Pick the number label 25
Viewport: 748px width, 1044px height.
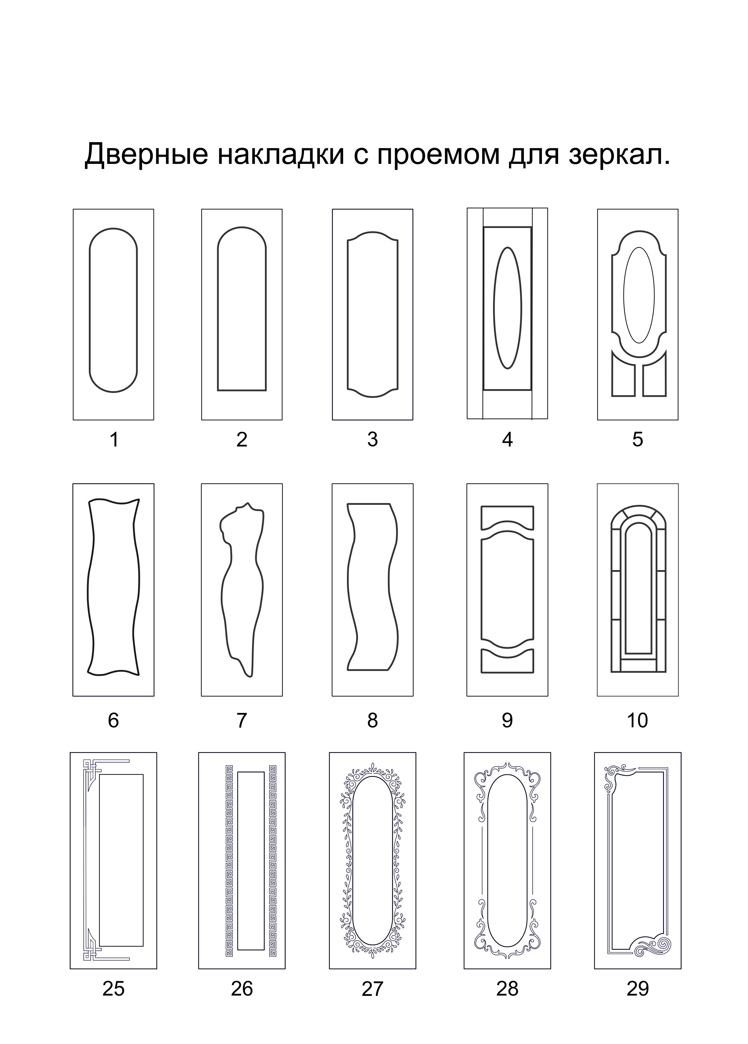[113, 988]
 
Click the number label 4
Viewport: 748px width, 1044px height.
[507, 440]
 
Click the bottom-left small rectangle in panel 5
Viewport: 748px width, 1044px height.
[624, 381]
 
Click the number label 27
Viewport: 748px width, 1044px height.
[372, 988]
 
